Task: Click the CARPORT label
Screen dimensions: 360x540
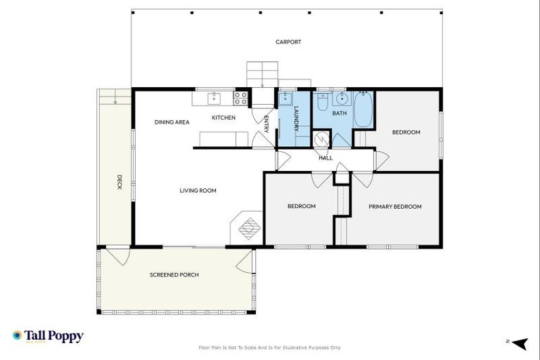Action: (288, 42)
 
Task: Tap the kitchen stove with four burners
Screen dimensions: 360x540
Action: (240, 98)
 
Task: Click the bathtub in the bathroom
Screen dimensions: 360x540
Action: (363, 110)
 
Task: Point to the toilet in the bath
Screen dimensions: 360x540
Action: (321, 104)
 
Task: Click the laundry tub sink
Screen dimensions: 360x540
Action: (288, 99)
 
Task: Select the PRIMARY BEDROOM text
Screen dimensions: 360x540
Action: (395, 207)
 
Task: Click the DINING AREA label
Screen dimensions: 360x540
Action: (172, 122)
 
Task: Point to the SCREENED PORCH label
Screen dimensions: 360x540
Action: (174, 275)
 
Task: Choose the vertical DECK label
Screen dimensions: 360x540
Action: (120, 182)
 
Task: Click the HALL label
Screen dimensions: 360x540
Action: (326, 158)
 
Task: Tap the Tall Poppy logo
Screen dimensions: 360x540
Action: (48, 336)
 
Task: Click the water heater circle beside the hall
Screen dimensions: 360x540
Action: (321, 139)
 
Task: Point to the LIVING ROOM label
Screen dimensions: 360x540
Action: (198, 191)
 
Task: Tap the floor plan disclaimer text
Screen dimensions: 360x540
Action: (270, 347)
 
